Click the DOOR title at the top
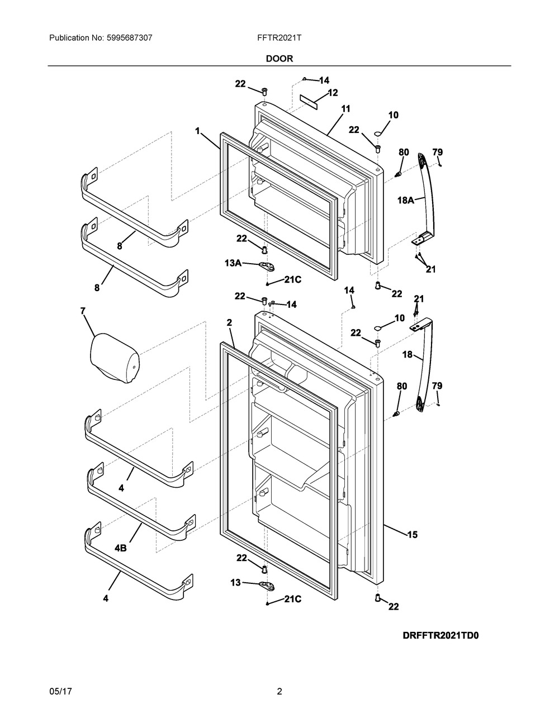[279, 59]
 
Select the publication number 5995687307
[130, 38]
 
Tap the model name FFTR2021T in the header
[279, 38]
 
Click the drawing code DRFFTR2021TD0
[441, 635]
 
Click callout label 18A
[406, 200]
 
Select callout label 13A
[233, 263]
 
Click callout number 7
[83, 311]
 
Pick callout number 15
[413, 535]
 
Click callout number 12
[333, 93]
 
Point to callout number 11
[345, 109]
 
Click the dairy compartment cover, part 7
[115, 358]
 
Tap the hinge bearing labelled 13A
[268, 266]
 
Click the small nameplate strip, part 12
[309, 101]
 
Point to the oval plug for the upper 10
[377, 134]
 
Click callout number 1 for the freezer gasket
[198, 131]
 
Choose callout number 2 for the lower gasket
[229, 322]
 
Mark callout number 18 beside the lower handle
[408, 355]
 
